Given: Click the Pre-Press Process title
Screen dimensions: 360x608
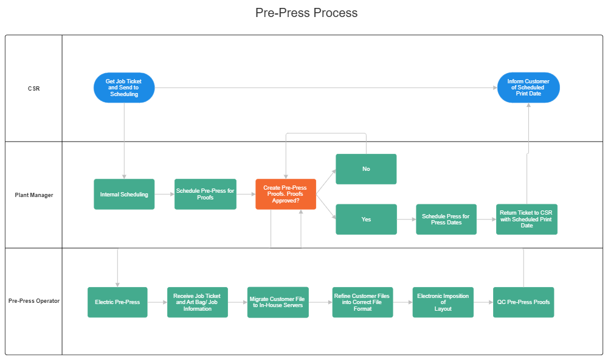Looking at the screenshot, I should pyautogui.click(x=306, y=13).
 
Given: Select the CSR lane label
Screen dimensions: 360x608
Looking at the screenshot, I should pyautogui.click(x=34, y=89).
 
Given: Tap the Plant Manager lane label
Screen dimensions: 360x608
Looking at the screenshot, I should pyautogui.click(x=34, y=195).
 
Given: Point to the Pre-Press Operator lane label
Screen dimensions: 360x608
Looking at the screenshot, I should pyautogui.click(x=34, y=301).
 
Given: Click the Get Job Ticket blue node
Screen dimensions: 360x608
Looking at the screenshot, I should pyautogui.click(x=124, y=88).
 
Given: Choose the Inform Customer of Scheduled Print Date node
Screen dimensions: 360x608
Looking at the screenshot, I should pyautogui.click(x=528, y=88).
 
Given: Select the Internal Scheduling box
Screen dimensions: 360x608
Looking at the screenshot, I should pyautogui.click(x=124, y=195).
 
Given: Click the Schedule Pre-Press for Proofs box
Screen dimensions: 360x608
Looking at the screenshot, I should pyautogui.click(x=205, y=195).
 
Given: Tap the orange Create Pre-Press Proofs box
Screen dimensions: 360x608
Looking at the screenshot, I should pyautogui.click(x=286, y=195).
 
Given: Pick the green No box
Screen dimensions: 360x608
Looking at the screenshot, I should pyautogui.click(x=366, y=169).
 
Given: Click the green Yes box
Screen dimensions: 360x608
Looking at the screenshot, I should pyautogui.click(x=366, y=220).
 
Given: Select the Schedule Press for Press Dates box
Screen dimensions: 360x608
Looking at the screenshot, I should pyautogui.click(x=446, y=220).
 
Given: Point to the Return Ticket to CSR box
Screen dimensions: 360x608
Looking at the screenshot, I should pyautogui.click(x=527, y=220).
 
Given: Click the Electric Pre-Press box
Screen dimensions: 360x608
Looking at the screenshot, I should pyautogui.click(x=117, y=302).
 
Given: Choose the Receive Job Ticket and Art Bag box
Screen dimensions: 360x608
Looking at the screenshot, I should pyautogui.click(x=198, y=302).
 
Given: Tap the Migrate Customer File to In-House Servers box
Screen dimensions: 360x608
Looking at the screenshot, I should pyautogui.click(x=278, y=302).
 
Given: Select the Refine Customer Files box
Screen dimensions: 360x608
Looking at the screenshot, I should pyautogui.click(x=362, y=302).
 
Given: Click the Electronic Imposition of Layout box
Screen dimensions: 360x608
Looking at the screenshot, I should pyautogui.click(x=443, y=302).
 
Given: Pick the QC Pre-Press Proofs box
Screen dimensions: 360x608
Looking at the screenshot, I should pyautogui.click(x=523, y=302).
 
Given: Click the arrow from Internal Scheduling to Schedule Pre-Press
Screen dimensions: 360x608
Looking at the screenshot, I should pyautogui.click(x=164, y=195).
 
